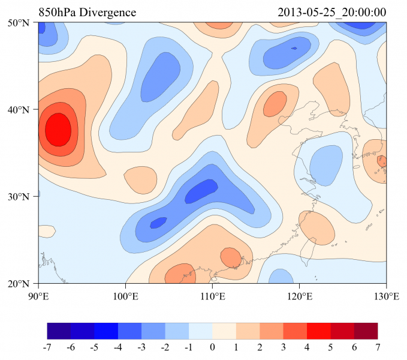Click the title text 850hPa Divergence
tap(87, 13)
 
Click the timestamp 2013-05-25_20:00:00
tap(332, 13)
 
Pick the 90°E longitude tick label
tap(38, 295)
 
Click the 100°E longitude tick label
tap(125, 295)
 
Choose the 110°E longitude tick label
tap(212, 295)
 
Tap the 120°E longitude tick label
tap(299, 295)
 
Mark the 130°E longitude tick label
tap(386, 295)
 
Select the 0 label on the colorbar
tap(212, 347)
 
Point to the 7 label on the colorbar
tap(378, 347)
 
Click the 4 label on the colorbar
tap(307, 347)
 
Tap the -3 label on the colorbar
tap(141, 347)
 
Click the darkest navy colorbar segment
tap(59, 331)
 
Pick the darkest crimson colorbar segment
tap(366, 331)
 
